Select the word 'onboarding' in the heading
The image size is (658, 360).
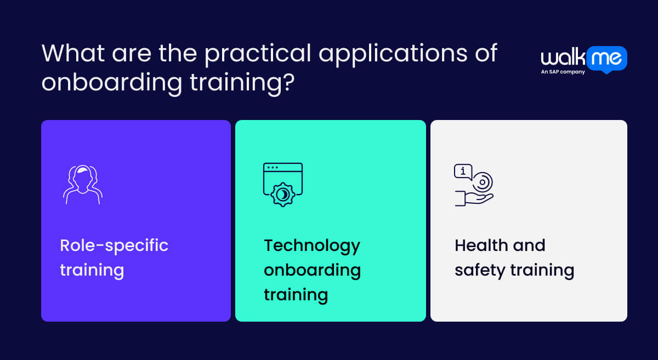pyautogui.click(x=112, y=83)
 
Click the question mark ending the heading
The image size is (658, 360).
pyautogui.click(x=288, y=83)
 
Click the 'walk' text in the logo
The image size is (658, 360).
pyautogui.click(x=562, y=59)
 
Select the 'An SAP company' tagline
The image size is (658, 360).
pyautogui.click(x=563, y=72)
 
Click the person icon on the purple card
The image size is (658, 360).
pyautogui.click(x=83, y=184)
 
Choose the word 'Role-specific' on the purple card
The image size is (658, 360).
pyautogui.click(x=114, y=245)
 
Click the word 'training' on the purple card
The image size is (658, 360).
pyautogui.click(x=92, y=270)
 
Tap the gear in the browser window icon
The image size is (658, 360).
pyautogui.click(x=283, y=193)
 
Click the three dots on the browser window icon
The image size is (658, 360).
pyautogui.click(x=272, y=167)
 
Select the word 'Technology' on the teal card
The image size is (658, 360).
pyautogui.click(x=312, y=245)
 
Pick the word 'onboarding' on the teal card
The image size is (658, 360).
pyautogui.click(x=312, y=270)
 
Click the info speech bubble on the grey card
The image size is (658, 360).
pyautogui.click(x=463, y=172)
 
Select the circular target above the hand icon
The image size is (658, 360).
pyautogui.click(x=483, y=181)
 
